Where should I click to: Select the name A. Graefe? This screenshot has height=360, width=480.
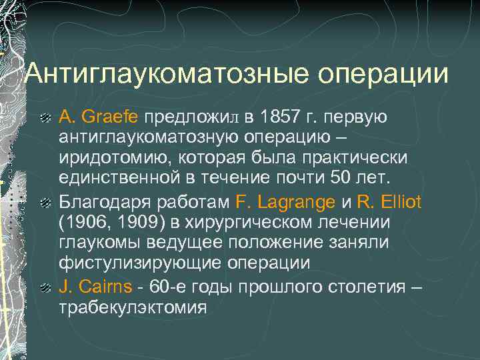click(x=99, y=117)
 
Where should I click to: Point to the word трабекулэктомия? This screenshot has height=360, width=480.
click(x=133, y=309)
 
